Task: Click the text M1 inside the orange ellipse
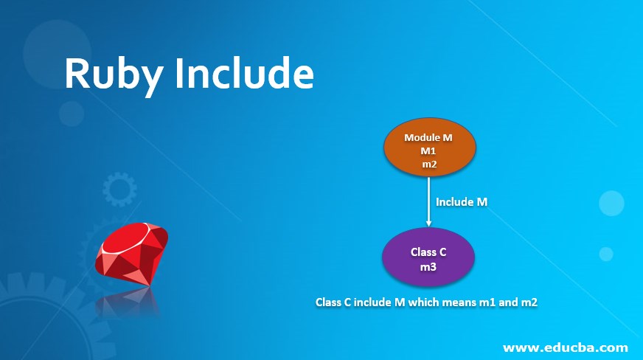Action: [429, 150]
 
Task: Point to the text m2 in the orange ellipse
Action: [429, 164]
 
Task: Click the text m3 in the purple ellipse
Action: [428, 267]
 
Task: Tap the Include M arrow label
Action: [462, 201]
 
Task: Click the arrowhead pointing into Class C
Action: [428, 223]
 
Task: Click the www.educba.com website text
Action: [566, 346]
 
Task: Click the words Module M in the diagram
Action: [428, 137]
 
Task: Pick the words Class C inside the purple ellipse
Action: [428, 252]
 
